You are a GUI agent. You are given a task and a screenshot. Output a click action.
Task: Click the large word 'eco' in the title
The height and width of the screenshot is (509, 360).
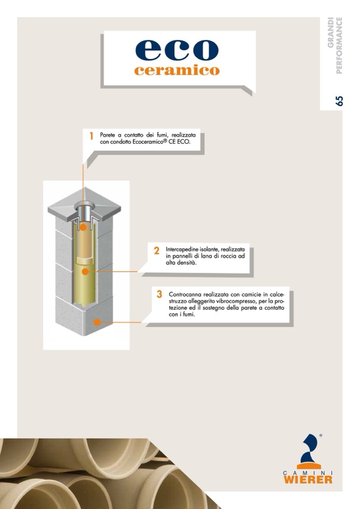click(177, 50)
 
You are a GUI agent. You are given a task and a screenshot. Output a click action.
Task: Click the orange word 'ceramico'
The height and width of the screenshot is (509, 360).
click(177, 70)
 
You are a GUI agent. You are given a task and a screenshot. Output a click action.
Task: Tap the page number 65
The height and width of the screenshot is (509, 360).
click(339, 101)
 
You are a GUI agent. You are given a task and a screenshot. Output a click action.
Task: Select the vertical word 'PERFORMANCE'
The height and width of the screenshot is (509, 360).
click(339, 46)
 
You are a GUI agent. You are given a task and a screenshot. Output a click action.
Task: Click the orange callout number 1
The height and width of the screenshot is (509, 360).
click(91, 136)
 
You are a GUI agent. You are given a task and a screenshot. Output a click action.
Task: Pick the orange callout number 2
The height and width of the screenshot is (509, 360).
click(157, 251)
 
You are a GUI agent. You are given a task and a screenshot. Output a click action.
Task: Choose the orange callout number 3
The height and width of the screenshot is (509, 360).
click(159, 294)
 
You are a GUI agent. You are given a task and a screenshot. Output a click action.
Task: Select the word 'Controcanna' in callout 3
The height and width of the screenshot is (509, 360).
click(184, 295)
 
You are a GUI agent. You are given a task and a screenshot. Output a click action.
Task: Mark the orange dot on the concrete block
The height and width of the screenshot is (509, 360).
click(97, 322)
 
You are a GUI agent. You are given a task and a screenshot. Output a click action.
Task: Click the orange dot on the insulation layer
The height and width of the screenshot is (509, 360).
click(85, 271)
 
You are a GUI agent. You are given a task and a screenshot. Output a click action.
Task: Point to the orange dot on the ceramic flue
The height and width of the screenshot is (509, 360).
click(83, 227)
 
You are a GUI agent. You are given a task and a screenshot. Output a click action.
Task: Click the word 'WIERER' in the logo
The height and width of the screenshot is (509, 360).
click(308, 479)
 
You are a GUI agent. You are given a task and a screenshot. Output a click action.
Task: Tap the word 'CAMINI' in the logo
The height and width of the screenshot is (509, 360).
click(308, 472)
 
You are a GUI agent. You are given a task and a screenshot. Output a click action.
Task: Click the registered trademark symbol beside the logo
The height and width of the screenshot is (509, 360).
click(321, 435)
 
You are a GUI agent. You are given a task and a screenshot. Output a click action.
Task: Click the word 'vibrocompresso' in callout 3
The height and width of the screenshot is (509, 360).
click(237, 301)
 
